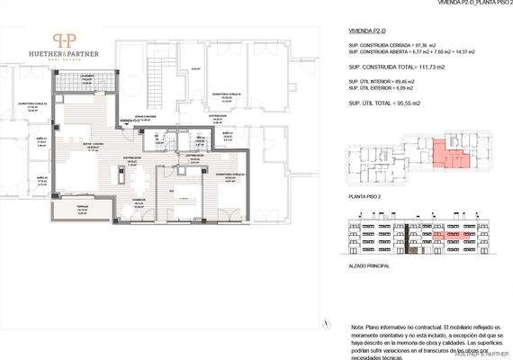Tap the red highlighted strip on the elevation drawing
point(443,236)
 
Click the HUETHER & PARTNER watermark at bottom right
point(482,355)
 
